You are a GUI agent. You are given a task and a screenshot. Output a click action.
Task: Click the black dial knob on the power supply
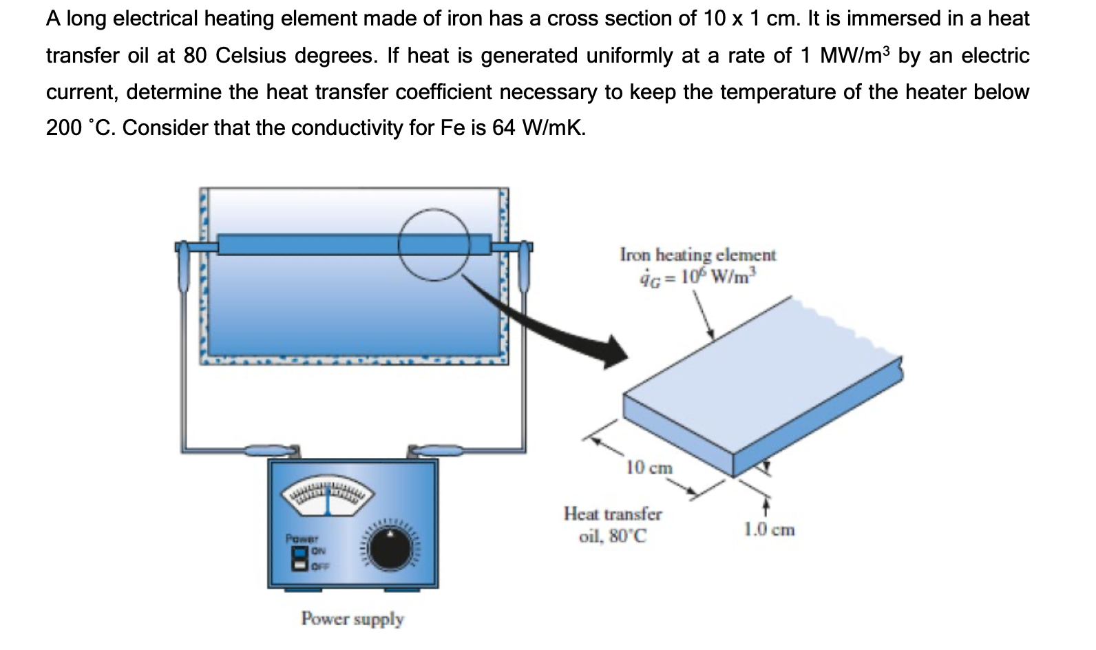389,549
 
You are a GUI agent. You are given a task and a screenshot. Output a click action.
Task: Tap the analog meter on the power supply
328,496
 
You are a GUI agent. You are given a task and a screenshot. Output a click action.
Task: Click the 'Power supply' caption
352,619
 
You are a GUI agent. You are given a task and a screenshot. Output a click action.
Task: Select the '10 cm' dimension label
649,468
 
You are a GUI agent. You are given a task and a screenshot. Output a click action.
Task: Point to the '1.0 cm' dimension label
770,530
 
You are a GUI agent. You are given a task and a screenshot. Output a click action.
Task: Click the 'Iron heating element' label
697,255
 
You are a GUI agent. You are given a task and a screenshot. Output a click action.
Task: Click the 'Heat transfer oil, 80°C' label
613,525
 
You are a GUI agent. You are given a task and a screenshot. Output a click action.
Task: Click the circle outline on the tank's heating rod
434,244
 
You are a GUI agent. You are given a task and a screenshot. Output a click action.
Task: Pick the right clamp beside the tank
525,265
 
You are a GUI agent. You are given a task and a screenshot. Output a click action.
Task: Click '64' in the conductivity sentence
504,128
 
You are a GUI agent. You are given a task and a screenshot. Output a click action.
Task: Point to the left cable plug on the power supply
274,450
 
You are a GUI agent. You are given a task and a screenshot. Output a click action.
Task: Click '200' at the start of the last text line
64,128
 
